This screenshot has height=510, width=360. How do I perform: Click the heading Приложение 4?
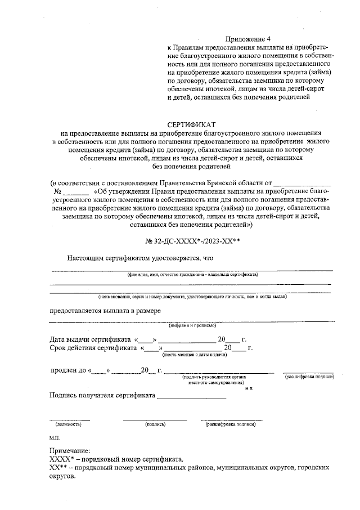(248, 39)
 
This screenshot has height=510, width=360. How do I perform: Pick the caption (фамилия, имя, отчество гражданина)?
(192, 275)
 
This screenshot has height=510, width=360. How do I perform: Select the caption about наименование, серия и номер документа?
(193, 296)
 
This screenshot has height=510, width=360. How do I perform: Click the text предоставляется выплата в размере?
(105, 310)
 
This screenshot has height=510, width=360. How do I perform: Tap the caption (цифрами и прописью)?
(193, 325)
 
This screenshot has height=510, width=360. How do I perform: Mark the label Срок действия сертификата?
(93, 348)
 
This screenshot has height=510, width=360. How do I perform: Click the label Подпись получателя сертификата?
(102, 396)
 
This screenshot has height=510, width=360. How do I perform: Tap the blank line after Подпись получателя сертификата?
(191, 397)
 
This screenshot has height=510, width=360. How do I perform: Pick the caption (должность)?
(69, 423)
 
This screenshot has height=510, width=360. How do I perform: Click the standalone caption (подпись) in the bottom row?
(155, 423)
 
